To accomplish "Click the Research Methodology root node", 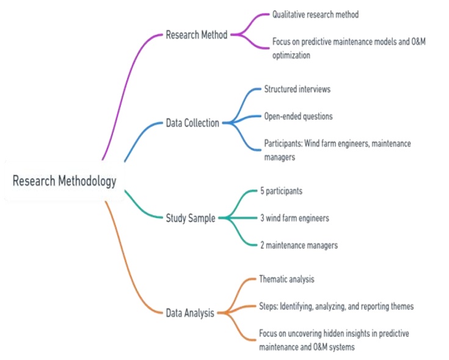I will point(64,181).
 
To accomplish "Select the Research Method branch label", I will point(196,35).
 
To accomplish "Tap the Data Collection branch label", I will point(192,123).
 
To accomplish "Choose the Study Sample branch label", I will point(191,218).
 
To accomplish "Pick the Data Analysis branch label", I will point(190,313).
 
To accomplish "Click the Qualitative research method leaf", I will point(315,15).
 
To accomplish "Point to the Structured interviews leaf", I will point(297,89).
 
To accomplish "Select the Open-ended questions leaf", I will point(298,116).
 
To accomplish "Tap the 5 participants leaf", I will point(281,191).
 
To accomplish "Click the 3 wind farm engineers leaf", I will point(295,218).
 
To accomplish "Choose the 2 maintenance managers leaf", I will point(299,245).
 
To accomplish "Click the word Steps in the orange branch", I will point(268,306).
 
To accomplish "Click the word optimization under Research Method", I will point(292,54).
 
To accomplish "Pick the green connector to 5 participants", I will point(241,197).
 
